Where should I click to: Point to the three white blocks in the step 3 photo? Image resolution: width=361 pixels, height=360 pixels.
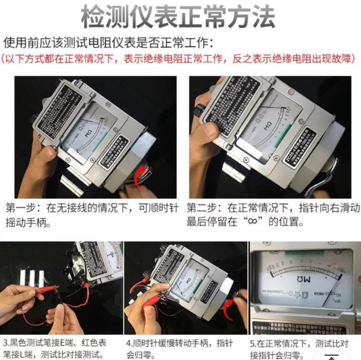pyautogui.click(x=32, y=278)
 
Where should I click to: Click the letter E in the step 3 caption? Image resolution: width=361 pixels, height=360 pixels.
pyautogui.click(x=66, y=343)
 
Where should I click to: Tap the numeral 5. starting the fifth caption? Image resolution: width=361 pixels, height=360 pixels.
pyautogui.click(x=253, y=343)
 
